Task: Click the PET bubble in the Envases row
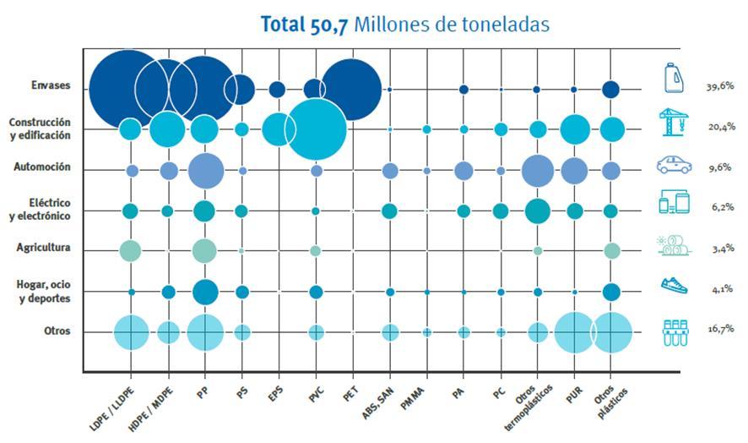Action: click(351, 89)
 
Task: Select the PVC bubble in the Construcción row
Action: click(316, 129)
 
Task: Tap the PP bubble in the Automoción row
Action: click(206, 171)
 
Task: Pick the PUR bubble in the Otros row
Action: click(575, 331)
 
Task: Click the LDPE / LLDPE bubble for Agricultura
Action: click(130, 250)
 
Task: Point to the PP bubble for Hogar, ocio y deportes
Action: click(205, 292)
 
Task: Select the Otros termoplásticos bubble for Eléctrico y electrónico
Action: click(537, 211)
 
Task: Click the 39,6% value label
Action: click(718, 86)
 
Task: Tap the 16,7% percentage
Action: click(718, 329)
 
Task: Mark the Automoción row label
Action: click(41, 167)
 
